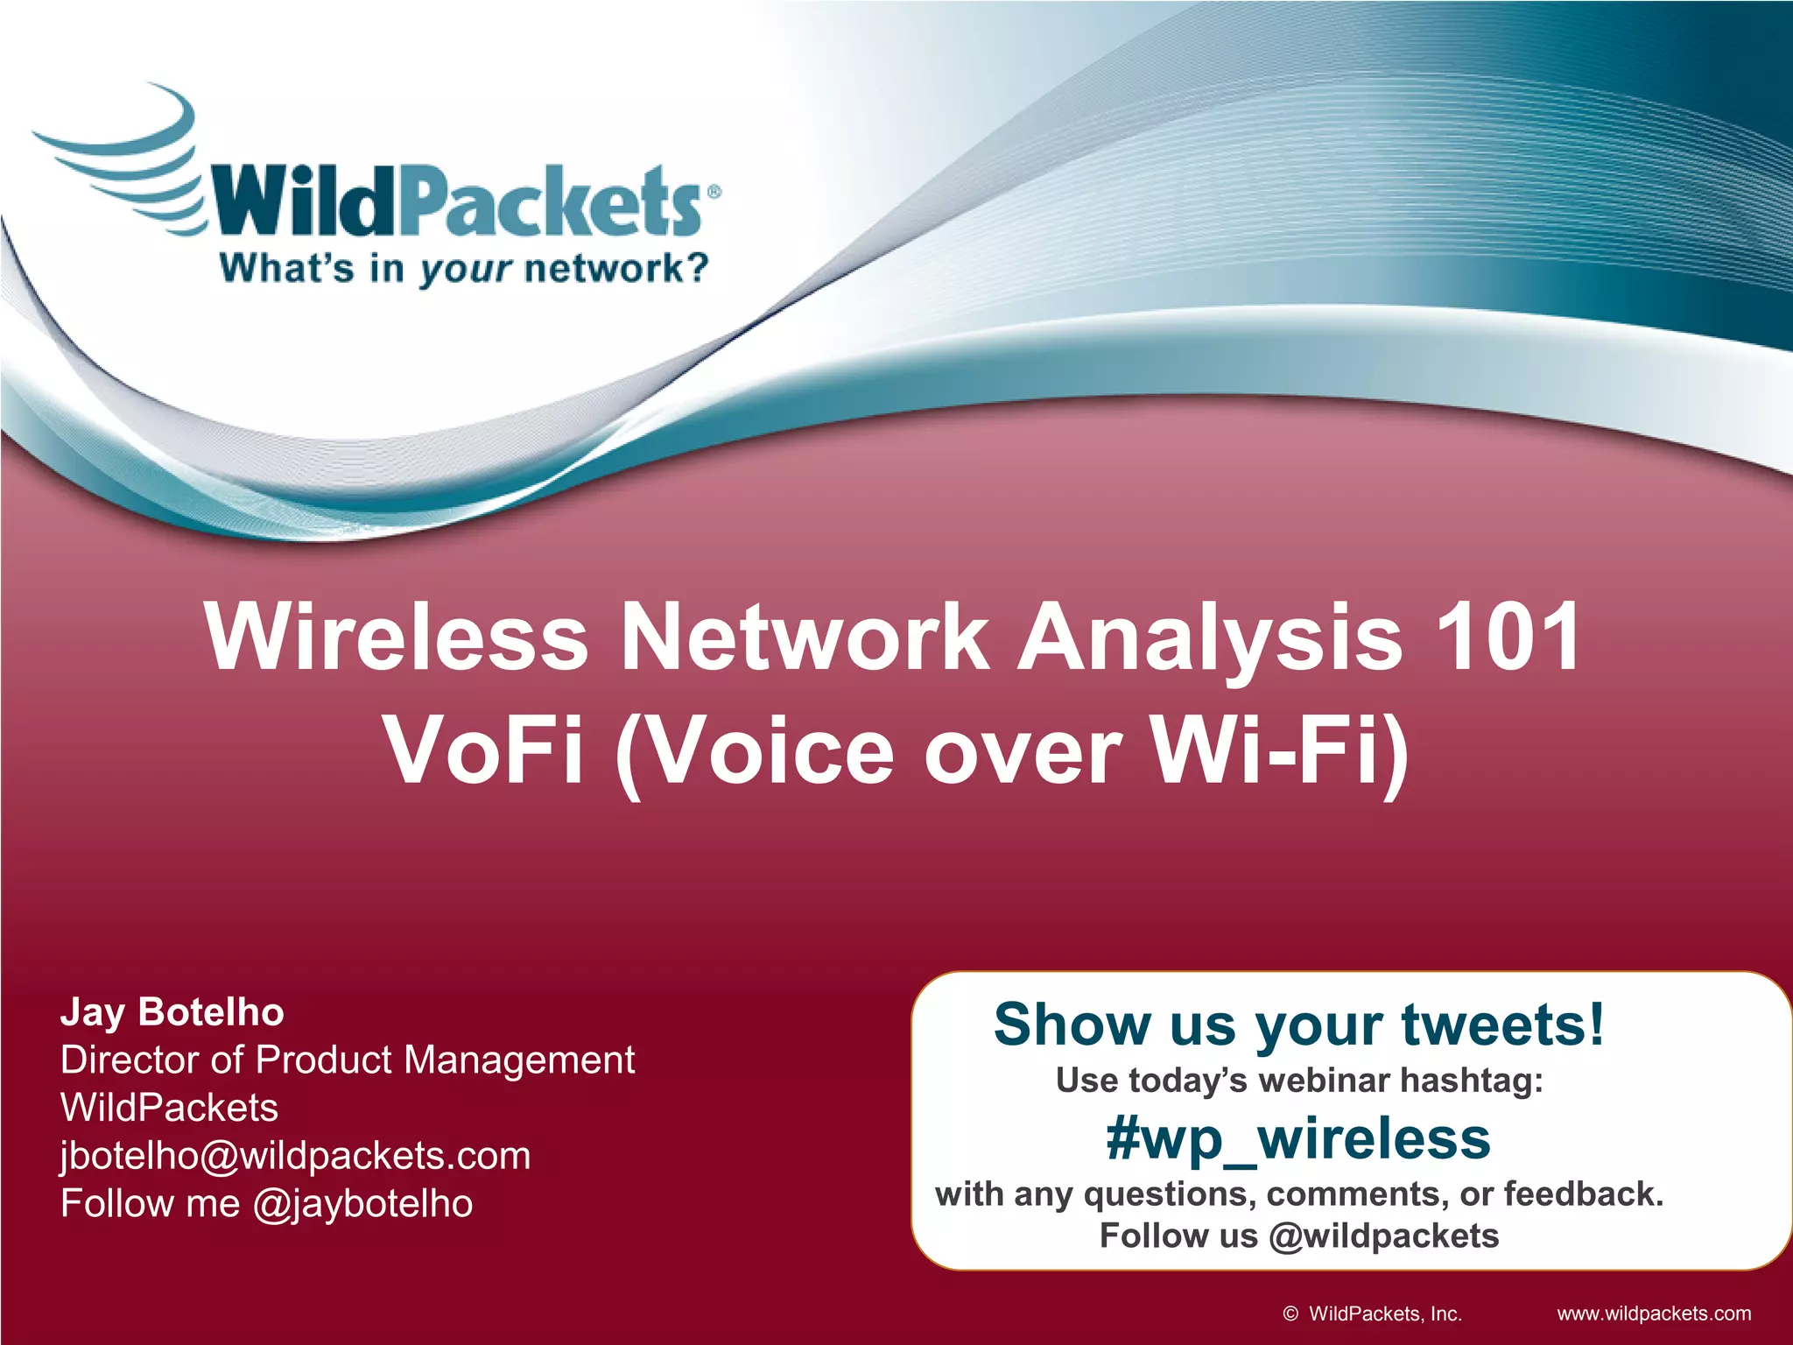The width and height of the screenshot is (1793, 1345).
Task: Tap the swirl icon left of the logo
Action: click(123, 162)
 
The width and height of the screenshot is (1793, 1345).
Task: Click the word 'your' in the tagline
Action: click(465, 270)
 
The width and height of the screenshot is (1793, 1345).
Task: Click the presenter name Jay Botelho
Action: click(172, 1012)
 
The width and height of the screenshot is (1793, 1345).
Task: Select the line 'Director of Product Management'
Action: click(348, 1060)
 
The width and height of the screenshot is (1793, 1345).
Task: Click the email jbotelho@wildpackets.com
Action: click(295, 1156)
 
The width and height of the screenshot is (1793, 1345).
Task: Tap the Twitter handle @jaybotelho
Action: click(362, 1204)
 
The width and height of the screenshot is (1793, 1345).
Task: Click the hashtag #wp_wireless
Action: click(1298, 1139)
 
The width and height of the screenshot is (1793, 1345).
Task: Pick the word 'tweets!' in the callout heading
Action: click(1503, 1025)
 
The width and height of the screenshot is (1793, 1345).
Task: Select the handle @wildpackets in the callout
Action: click(1383, 1236)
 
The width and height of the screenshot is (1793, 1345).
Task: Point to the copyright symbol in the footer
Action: click(1290, 1313)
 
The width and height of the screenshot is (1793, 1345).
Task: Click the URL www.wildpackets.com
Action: click(1654, 1313)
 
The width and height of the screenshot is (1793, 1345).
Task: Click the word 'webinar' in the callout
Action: click(1325, 1081)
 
